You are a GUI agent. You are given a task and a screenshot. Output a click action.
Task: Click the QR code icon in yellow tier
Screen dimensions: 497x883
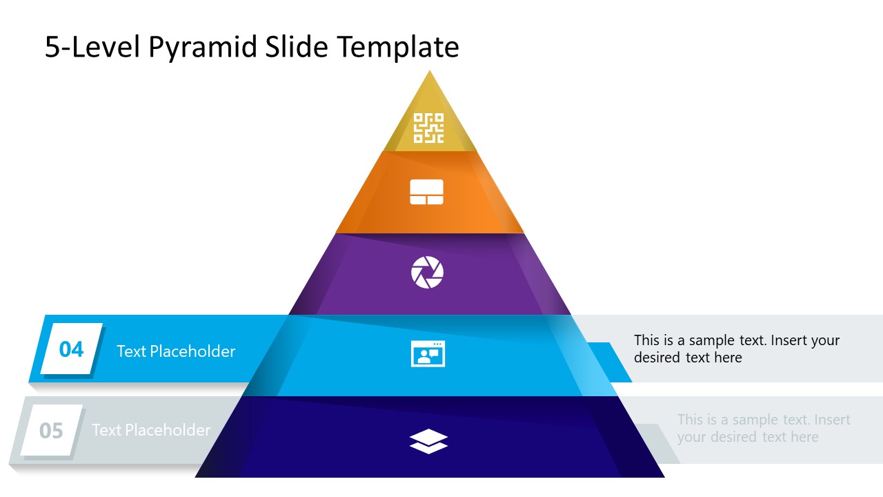(428, 128)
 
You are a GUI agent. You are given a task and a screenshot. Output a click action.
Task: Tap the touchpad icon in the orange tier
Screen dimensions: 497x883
(426, 192)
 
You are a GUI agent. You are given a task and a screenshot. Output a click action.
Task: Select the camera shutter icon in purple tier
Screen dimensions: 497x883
(428, 273)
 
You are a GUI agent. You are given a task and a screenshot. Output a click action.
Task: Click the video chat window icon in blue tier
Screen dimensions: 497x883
(428, 353)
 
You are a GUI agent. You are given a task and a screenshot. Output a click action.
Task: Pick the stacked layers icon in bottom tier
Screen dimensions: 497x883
(428, 441)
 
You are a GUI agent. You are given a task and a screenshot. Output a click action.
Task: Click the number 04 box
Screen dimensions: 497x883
(72, 349)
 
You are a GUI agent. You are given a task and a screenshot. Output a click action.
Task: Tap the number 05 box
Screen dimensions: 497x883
(51, 431)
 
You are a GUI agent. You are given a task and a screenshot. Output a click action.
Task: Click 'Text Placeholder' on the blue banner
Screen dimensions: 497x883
(176, 351)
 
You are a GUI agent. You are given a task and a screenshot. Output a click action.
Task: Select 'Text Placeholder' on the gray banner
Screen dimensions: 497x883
(151, 430)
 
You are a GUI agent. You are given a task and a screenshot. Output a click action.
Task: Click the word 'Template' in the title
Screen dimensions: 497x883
(398, 48)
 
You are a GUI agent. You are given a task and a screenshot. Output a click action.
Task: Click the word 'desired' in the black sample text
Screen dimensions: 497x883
(657, 358)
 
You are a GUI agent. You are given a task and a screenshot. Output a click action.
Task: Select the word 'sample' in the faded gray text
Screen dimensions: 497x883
(757, 420)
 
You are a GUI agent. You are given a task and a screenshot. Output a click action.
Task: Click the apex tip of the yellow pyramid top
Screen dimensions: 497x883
(430, 72)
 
